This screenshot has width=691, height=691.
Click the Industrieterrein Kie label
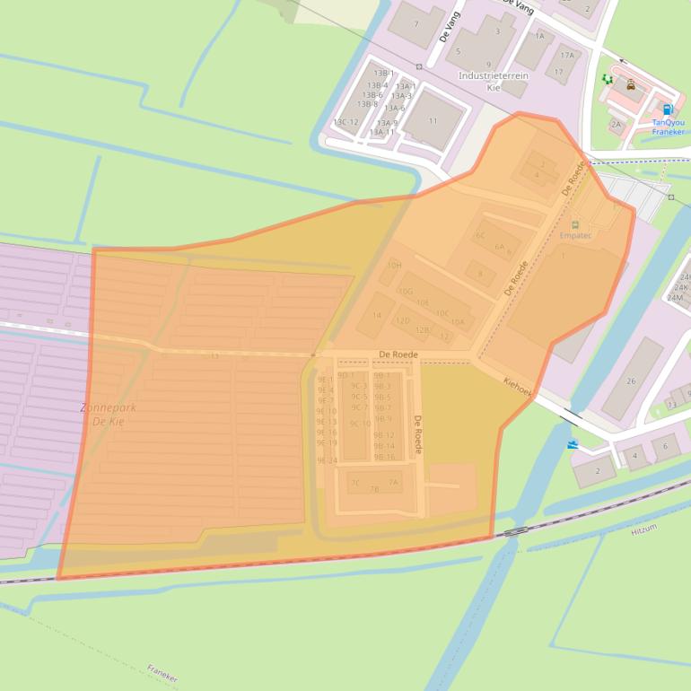[x=493, y=82]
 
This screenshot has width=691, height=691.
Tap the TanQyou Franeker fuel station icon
[x=667, y=109]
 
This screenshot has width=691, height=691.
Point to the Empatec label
[x=575, y=235]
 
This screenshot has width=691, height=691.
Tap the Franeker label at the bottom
[x=162, y=674]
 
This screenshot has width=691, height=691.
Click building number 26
[x=631, y=381]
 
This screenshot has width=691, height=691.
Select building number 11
[x=433, y=120]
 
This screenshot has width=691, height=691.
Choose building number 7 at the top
[x=415, y=23]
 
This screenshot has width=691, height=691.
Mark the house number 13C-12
[x=345, y=122]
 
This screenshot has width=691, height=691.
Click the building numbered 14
[x=377, y=315]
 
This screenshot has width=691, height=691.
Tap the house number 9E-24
[x=327, y=460]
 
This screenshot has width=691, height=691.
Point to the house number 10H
[x=394, y=266]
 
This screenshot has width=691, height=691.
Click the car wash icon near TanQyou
[x=631, y=85]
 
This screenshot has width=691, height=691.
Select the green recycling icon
[x=608, y=80]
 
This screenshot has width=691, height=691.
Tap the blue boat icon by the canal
[x=573, y=444]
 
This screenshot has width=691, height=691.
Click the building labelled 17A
[x=567, y=55]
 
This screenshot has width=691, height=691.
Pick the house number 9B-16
[x=384, y=458]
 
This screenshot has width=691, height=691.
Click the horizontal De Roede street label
[x=398, y=354]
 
